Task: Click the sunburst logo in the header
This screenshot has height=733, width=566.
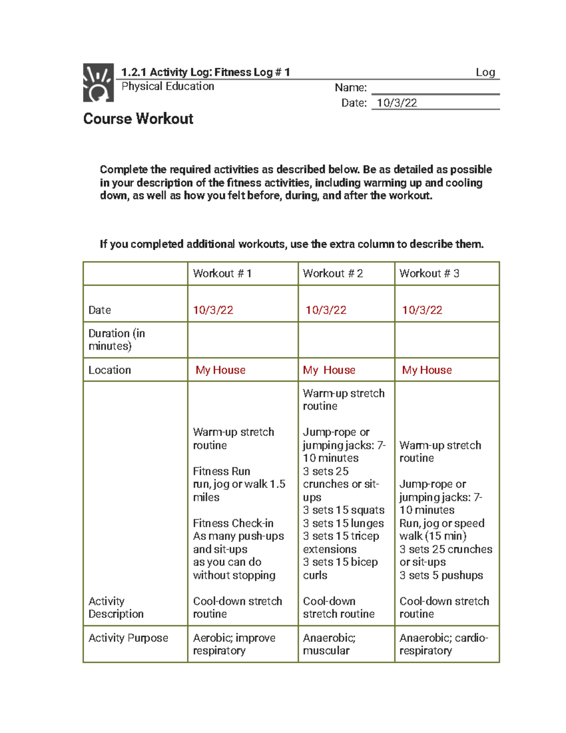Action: click(98, 83)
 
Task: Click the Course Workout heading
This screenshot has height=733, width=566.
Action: click(138, 118)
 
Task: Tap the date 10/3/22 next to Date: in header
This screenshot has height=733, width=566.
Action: click(397, 103)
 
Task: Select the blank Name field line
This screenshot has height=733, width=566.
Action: click(435, 88)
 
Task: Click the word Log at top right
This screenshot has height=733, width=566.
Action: click(485, 72)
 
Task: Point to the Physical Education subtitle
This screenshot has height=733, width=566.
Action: click(167, 86)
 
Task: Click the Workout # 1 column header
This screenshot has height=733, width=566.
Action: click(222, 273)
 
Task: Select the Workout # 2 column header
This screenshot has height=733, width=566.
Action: click(333, 273)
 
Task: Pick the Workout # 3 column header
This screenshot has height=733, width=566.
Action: click(429, 273)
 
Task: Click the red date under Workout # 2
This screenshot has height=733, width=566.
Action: click(325, 310)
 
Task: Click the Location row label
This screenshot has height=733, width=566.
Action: click(109, 370)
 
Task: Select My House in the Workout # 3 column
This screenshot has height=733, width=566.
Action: click(426, 370)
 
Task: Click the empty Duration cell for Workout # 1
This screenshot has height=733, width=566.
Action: click(242, 340)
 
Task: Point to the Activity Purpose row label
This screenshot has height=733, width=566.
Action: click(128, 638)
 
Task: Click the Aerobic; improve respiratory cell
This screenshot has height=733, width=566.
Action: click(234, 644)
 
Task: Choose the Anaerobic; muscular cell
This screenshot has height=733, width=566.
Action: click(329, 644)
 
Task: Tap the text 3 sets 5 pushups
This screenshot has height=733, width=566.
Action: click(441, 575)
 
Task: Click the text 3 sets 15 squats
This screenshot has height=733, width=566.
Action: click(343, 510)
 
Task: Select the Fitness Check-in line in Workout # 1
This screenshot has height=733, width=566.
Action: click(233, 523)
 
